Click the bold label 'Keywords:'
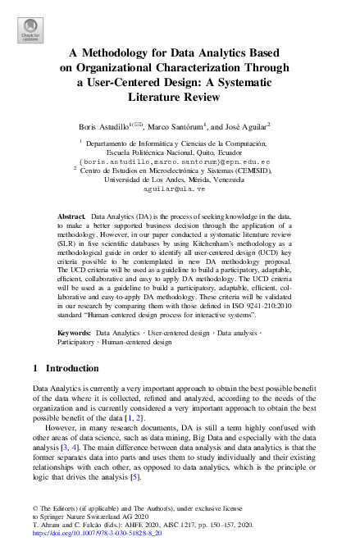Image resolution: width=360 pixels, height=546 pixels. click(75, 333)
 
